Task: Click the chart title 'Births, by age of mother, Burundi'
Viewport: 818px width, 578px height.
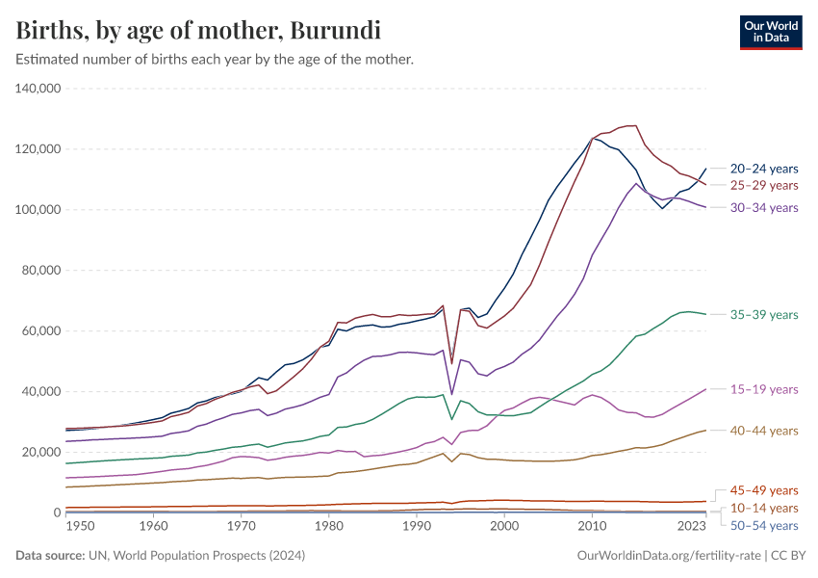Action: click(198, 31)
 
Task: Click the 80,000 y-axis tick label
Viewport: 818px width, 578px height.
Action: click(41, 271)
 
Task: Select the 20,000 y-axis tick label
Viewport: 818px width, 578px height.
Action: click(41, 452)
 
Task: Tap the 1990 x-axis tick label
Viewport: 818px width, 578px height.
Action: click(417, 527)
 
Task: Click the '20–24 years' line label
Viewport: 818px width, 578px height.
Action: click(764, 168)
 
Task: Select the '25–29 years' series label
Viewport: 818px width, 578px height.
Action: click(764, 185)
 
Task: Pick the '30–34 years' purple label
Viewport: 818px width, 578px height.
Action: click(764, 207)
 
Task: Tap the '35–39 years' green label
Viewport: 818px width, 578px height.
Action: click(764, 315)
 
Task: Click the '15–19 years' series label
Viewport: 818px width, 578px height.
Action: click(764, 389)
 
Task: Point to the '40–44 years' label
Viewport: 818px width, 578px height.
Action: click(764, 431)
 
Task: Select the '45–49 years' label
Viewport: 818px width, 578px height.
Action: click(764, 490)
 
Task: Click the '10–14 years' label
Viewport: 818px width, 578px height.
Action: click(764, 508)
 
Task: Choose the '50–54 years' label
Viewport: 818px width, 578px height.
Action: click(764, 525)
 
